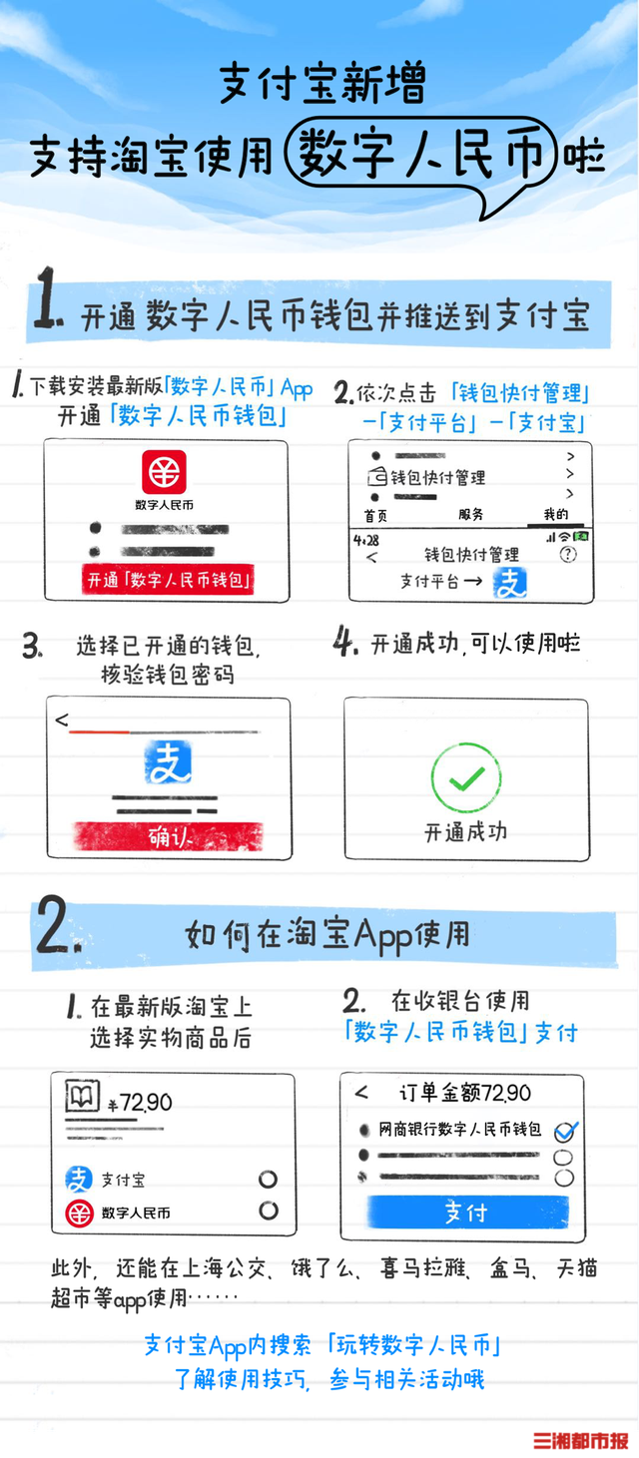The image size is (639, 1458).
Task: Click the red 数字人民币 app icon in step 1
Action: click(x=164, y=472)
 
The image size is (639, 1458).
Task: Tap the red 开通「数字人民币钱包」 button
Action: click(x=168, y=579)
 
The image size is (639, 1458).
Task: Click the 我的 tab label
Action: click(x=555, y=514)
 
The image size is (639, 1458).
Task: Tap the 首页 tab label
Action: click(x=375, y=516)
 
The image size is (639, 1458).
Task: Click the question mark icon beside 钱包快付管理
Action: click(x=568, y=554)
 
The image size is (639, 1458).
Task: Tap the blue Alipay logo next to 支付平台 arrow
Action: click(x=509, y=583)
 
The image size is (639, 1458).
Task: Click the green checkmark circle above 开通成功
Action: click(x=466, y=777)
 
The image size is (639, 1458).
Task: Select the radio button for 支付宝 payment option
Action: click(x=268, y=1179)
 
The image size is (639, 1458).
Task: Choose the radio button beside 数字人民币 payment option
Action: click(x=269, y=1211)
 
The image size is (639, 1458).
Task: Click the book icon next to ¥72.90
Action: click(x=82, y=1096)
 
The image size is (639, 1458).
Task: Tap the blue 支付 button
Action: click(x=467, y=1212)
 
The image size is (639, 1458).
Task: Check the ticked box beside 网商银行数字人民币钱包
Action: click(x=565, y=1132)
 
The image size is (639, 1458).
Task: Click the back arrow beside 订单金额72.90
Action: click(x=361, y=1092)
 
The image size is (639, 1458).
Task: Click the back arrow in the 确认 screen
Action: click(x=62, y=720)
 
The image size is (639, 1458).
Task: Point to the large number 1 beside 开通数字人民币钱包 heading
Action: click(x=48, y=297)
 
